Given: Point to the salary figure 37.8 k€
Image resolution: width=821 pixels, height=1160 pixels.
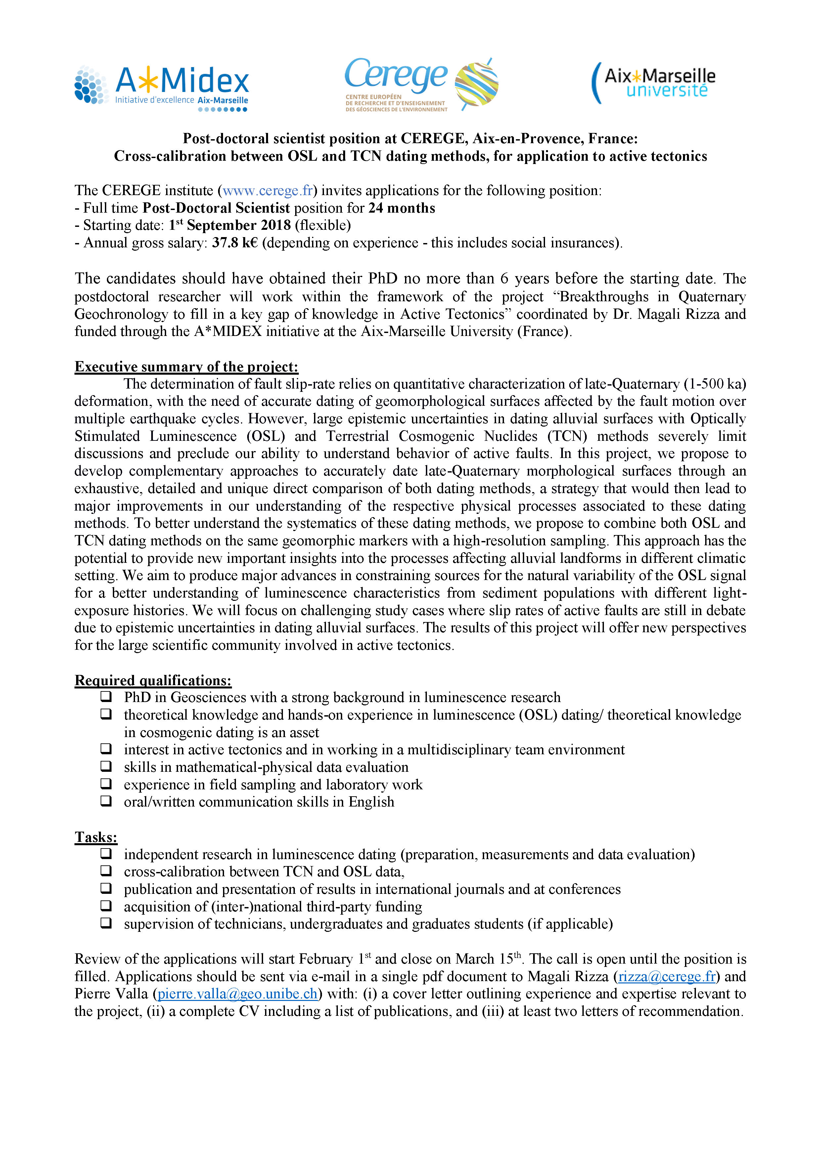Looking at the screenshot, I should coord(235,243).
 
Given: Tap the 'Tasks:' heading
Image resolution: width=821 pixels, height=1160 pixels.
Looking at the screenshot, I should coord(96,837).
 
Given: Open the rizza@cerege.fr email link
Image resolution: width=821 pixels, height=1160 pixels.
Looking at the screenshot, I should coord(667,976).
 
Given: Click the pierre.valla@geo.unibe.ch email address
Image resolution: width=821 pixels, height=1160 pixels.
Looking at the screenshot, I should coord(238,994).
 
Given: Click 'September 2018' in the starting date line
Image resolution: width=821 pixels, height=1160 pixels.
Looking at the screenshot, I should coord(239,225).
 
